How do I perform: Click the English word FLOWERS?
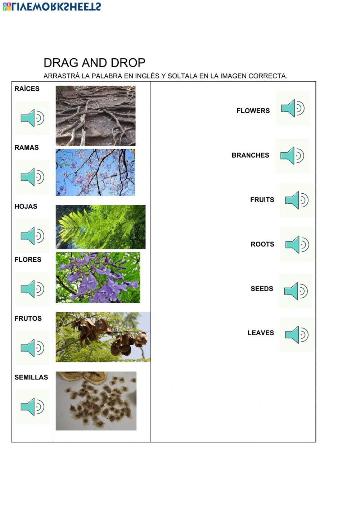coord(253,111)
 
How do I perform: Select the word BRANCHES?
coord(250,155)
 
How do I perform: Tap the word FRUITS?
coord(262,200)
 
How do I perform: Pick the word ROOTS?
coord(262,244)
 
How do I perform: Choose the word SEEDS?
coord(262,289)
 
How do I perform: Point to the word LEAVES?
coord(261,333)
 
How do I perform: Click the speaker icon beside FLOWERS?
coord(293,108)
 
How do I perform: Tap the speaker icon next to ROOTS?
coord(297,244)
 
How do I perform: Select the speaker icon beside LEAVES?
coord(297,334)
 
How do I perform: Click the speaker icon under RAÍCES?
coord(32,118)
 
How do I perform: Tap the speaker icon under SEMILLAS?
coord(32,407)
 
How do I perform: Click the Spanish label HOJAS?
coord(26,207)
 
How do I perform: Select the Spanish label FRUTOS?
coord(28,319)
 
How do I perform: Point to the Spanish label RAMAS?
coord(27,148)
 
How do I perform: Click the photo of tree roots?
coord(95,116)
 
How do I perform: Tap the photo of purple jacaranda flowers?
coord(98,278)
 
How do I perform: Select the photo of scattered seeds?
coord(96,401)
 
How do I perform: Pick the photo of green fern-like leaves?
coord(100,227)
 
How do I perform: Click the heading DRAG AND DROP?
coord(94,63)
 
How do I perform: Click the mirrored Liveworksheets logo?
coord(52,6)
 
